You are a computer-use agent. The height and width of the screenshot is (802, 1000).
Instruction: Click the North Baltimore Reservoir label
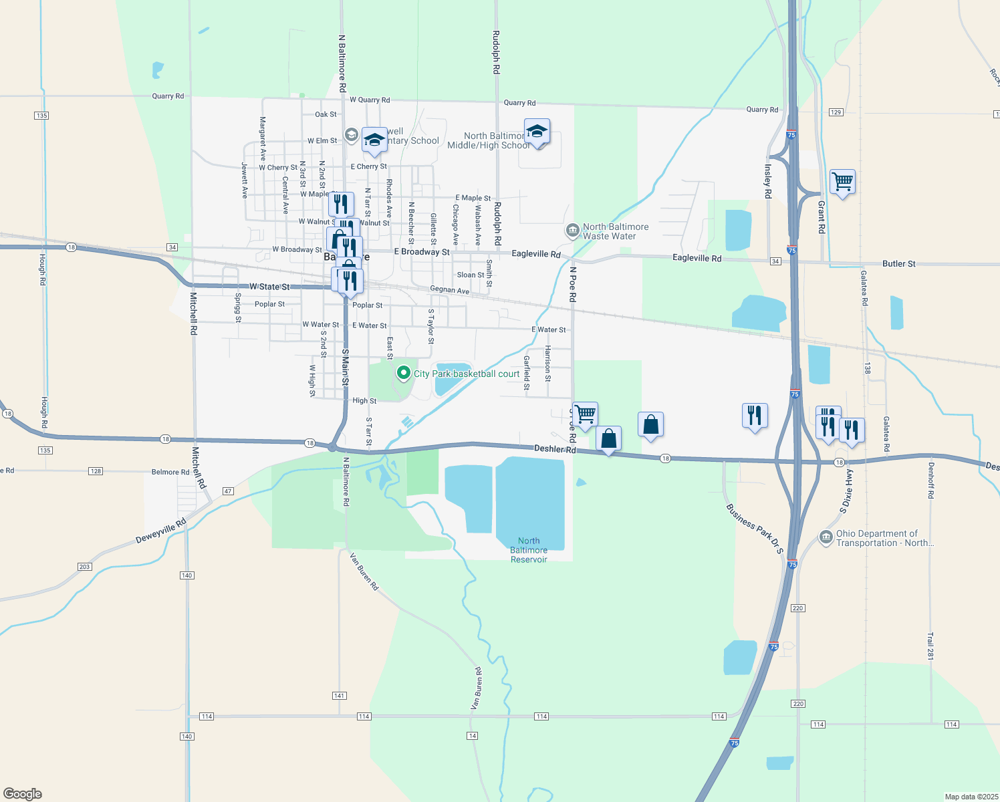(529, 550)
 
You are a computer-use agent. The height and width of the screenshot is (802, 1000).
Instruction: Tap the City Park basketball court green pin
(403, 373)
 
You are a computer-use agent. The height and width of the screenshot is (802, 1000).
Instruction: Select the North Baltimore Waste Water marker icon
(572, 231)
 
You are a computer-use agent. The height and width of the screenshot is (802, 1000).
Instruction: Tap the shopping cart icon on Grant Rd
(842, 181)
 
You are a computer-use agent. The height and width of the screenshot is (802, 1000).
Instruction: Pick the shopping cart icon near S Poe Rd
(585, 414)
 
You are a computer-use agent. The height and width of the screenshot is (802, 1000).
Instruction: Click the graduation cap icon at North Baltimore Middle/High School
(537, 131)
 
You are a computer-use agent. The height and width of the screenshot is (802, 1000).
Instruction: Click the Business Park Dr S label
(755, 529)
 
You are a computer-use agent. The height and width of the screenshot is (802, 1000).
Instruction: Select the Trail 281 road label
(930, 646)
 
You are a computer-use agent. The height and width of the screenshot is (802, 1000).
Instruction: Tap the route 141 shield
(340, 696)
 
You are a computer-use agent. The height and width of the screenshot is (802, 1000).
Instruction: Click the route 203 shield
(84, 567)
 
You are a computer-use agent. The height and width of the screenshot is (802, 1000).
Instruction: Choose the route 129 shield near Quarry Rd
(836, 112)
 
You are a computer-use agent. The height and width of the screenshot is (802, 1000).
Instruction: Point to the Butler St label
(898, 264)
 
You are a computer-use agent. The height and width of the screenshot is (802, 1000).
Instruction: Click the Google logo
(23, 794)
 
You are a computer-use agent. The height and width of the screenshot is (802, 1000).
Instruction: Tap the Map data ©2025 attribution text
(970, 797)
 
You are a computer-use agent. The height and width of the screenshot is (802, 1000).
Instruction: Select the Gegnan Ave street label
(449, 290)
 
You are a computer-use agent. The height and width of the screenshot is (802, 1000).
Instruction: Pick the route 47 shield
(229, 491)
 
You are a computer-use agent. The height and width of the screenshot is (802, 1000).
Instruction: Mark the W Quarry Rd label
(370, 100)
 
